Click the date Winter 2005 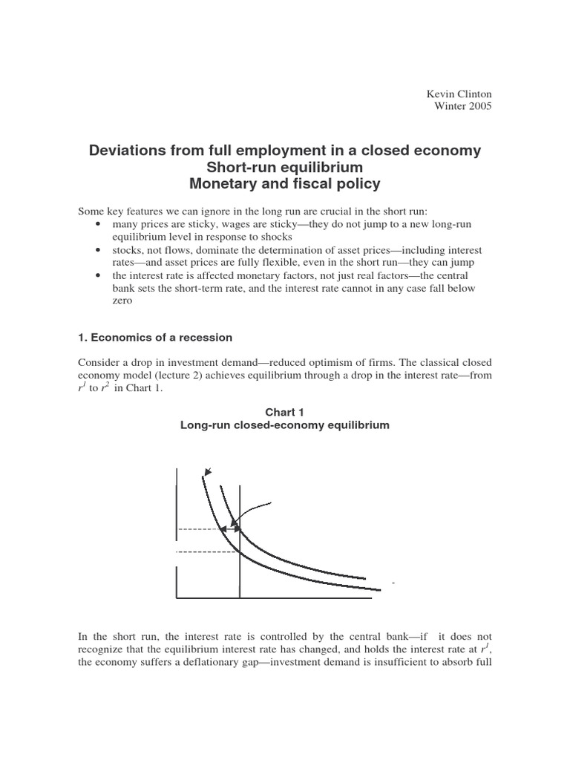[462, 106]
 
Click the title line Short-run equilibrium [285, 167]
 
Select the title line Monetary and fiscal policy [285, 183]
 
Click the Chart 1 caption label [286, 412]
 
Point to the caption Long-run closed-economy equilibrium [286, 425]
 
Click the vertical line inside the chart [240, 564]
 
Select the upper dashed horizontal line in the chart [199, 529]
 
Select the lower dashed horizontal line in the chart [208, 551]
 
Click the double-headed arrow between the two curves [229, 528]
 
